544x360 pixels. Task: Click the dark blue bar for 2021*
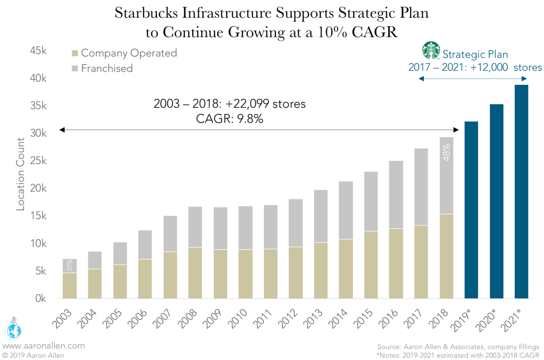pos(521,191)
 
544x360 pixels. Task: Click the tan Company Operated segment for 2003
pos(69,285)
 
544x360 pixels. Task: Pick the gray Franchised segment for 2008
pos(195,227)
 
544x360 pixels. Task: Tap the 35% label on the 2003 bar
pos(69,266)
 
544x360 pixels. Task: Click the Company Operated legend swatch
pos(75,54)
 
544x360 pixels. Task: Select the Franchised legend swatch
pos(75,69)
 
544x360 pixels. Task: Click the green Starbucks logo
pos(431,50)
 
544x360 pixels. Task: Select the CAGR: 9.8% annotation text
pos(230,118)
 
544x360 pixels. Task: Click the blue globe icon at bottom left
pos(12,330)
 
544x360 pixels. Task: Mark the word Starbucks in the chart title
pos(147,13)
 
